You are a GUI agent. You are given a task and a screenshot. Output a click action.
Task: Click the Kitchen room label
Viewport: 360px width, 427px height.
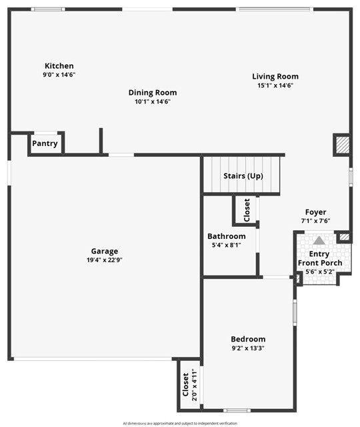coord(59,66)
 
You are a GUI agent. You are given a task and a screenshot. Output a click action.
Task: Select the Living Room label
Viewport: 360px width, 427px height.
coord(275,76)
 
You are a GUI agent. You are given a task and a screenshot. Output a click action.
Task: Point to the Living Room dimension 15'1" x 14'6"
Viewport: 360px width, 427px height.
coord(275,85)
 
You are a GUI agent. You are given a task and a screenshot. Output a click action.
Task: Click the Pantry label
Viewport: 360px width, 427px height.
coord(45,143)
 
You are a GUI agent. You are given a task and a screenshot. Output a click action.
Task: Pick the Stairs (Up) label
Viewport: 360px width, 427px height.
coord(243,176)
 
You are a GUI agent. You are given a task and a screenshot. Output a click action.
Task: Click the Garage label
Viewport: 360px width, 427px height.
coord(105,252)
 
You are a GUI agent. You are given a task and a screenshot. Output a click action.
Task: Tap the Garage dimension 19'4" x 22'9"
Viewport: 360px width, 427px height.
coord(105,261)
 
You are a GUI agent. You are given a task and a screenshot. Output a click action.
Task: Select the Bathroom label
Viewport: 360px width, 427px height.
coord(226,236)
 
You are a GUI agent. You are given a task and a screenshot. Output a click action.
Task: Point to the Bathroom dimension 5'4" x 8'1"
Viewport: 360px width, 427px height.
coord(226,246)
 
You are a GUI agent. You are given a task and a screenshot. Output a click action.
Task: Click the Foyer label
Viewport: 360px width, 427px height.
coord(315,212)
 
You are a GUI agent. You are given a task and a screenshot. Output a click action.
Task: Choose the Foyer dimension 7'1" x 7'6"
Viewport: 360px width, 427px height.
coord(315,221)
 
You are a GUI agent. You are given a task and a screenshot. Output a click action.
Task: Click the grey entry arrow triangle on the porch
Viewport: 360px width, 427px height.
coord(319,240)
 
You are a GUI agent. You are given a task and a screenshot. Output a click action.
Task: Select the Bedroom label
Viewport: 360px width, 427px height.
coord(248,339)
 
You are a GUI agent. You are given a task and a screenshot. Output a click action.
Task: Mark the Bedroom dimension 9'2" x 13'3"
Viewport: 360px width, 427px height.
coord(248,348)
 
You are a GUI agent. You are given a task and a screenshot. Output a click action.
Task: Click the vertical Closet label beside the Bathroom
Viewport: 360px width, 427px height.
coord(247,209)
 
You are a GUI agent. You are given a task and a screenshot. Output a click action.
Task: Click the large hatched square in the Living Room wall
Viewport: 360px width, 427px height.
coord(342,145)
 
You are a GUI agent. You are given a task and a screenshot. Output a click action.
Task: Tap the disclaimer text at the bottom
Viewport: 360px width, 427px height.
coord(180,423)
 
